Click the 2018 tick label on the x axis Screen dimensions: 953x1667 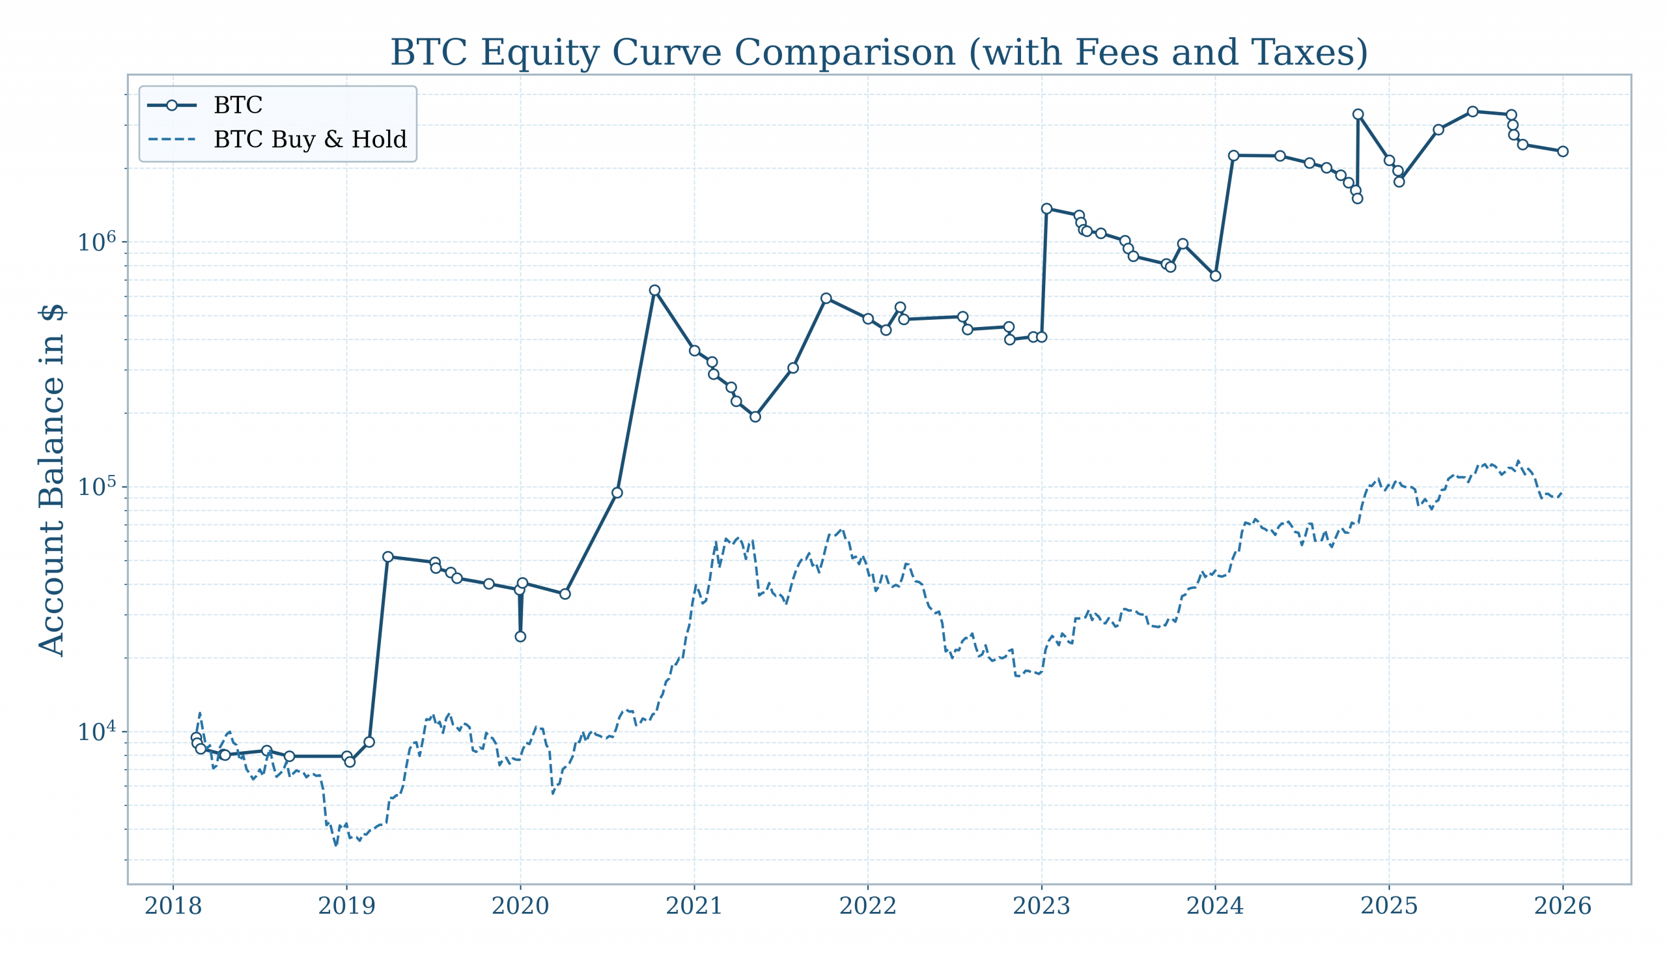(173, 907)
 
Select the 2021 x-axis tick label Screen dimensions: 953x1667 (693, 907)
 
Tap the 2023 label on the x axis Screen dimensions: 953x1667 (1041, 907)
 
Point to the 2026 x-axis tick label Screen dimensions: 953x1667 (1562, 907)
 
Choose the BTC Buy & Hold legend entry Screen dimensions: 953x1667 (310, 139)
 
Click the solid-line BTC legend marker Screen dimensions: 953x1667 (171, 106)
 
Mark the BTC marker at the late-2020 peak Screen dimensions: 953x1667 (654, 291)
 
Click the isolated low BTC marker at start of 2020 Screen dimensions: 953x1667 (520, 636)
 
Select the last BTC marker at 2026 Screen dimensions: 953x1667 (1562, 152)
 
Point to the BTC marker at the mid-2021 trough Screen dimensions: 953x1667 (755, 417)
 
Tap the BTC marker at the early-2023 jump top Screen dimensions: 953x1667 (1046, 209)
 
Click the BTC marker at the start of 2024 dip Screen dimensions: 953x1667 (1215, 276)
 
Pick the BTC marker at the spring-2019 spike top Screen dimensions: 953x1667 (388, 557)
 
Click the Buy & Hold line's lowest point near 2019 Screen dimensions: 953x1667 (335, 845)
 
